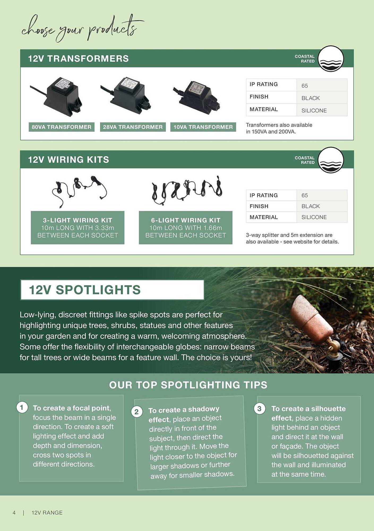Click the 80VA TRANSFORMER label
61,127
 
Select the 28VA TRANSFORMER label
133,127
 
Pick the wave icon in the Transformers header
331,59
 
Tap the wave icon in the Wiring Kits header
331,160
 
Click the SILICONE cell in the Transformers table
314,110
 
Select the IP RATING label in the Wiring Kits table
263,195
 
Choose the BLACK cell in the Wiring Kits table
310,206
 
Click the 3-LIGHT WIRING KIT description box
78,228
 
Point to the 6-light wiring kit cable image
187,190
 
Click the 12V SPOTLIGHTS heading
85,290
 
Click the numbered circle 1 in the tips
22,407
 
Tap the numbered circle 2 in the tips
137,412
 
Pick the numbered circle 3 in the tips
259,408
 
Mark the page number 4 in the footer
14,513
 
